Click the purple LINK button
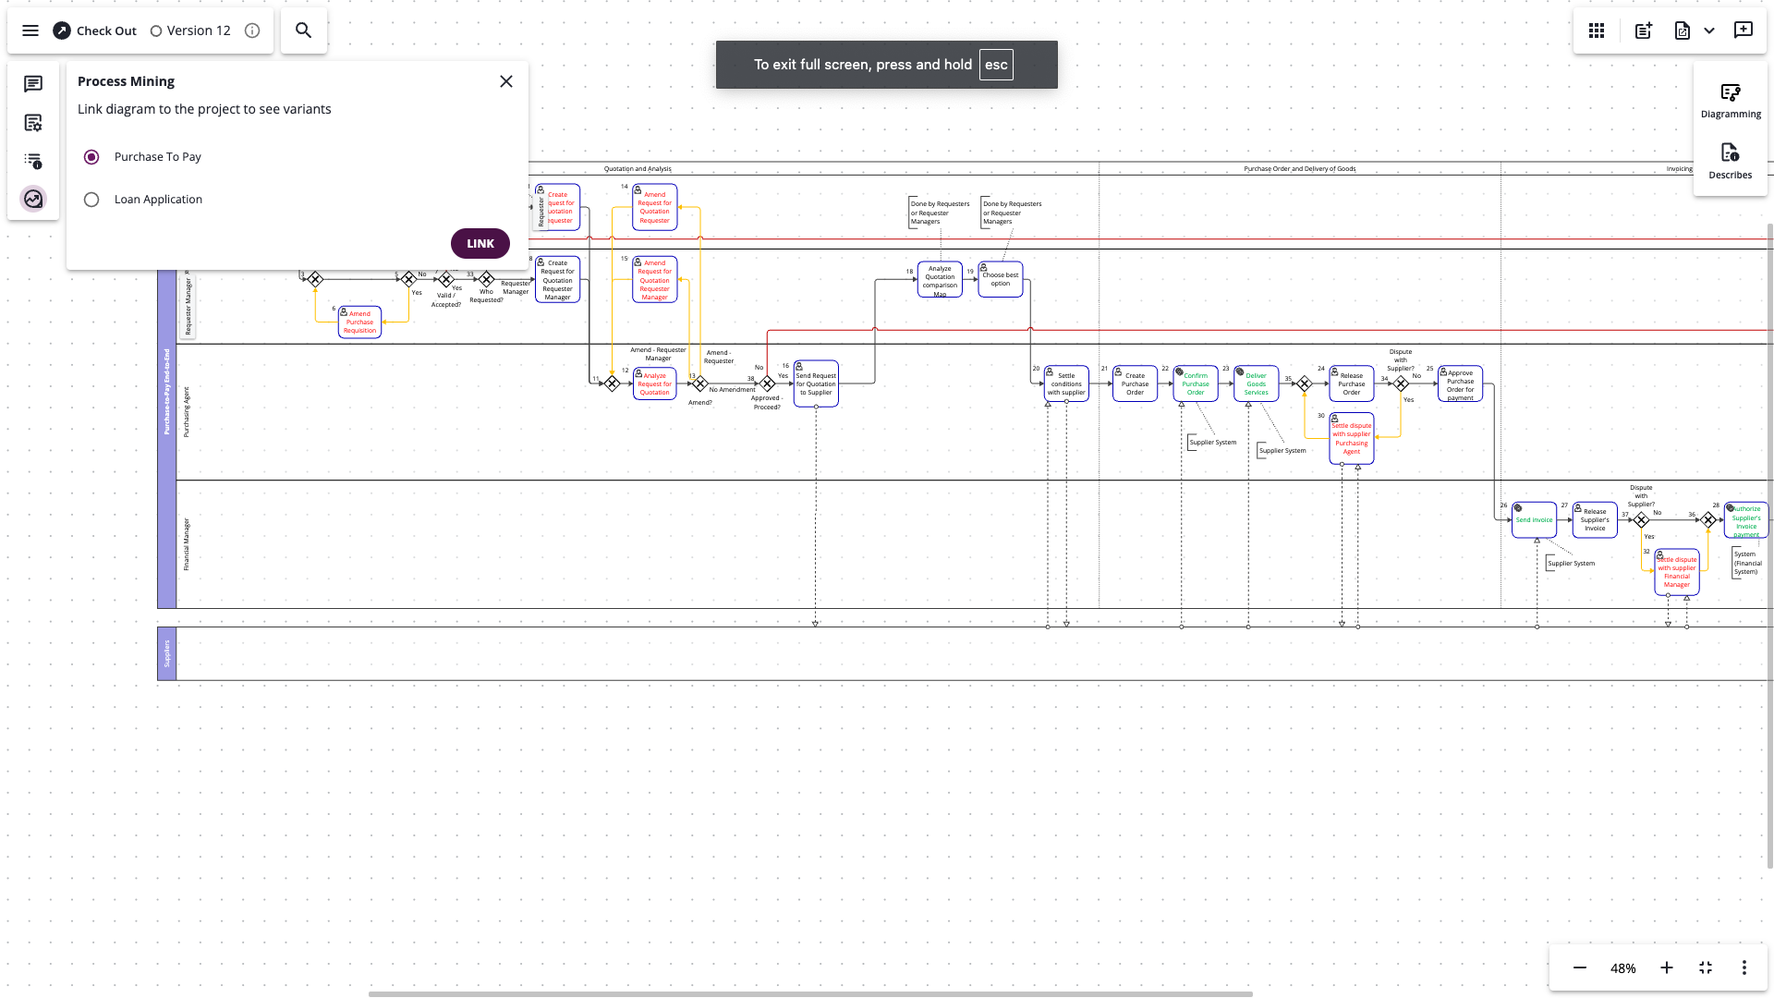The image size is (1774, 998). tap(480, 244)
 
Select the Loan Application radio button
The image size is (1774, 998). tap(91, 200)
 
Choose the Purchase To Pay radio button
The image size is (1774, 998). tap(91, 157)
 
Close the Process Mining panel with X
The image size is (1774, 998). tap(506, 81)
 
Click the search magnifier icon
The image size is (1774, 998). tap(303, 30)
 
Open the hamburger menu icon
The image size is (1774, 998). tap(30, 30)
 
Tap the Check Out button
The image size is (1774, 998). tap(95, 30)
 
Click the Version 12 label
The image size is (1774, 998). tap(198, 30)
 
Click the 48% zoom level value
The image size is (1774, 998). tap(1622, 968)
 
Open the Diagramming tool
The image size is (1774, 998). tap(1731, 101)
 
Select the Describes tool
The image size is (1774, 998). tap(1730, 161)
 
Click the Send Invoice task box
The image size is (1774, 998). tap(1534, 519)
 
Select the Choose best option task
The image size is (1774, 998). tap(1001, 279)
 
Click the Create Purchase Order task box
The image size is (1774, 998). tap(1135, 383)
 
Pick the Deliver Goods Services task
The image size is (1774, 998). tap(1256, 383)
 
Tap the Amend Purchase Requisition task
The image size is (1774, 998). tap(359, 322)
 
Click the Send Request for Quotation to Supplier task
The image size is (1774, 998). tap(816, 383)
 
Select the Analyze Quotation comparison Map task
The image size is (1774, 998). tap(940, 280)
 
